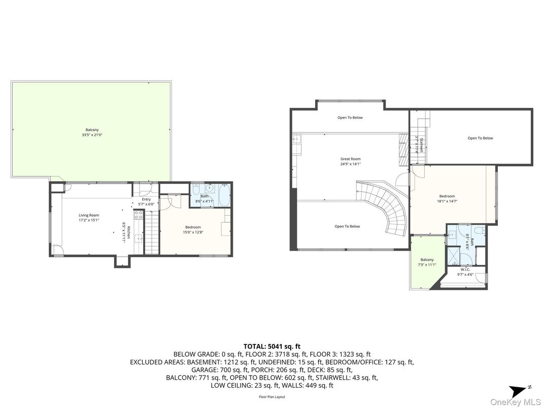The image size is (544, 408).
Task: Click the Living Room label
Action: [88, 215]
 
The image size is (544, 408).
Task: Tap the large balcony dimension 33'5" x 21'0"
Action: [92, 135]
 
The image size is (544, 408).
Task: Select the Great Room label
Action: [350, 159]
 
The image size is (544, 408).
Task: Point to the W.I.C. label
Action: [465, 269]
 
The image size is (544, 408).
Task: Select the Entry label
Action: [146, 199]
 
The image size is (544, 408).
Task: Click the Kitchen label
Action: [128, 232]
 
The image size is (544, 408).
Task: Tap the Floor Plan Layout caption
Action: [272, 397]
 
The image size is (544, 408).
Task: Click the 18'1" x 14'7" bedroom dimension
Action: [447, 201]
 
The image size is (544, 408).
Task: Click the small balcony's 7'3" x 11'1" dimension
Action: [427, 264]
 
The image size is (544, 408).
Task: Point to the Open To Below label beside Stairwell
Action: [480, 138]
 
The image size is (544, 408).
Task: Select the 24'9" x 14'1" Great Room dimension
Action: [350, 164]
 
